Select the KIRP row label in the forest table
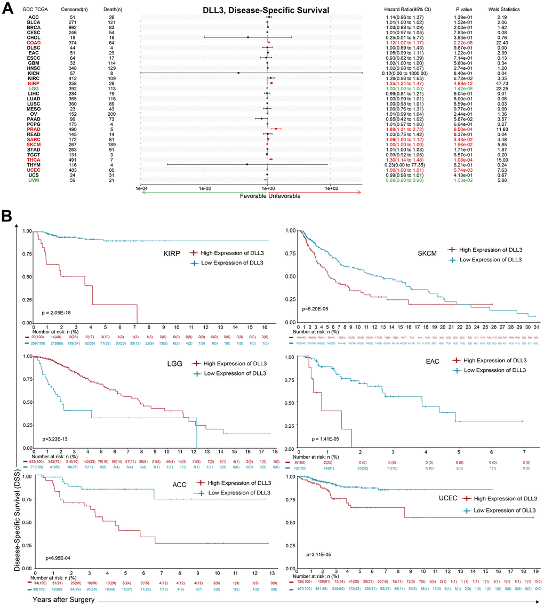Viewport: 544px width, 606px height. point(27,83)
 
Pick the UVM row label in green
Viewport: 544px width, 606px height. point(27,180)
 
